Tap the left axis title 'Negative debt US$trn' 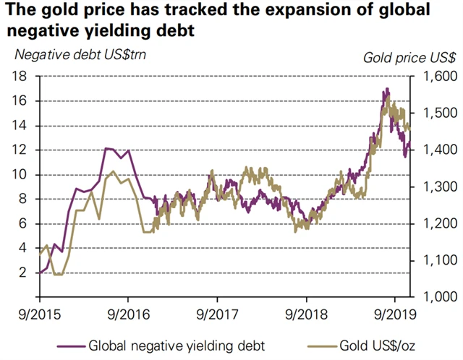tap(80, 54)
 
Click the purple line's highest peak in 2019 tap(388, 89)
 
